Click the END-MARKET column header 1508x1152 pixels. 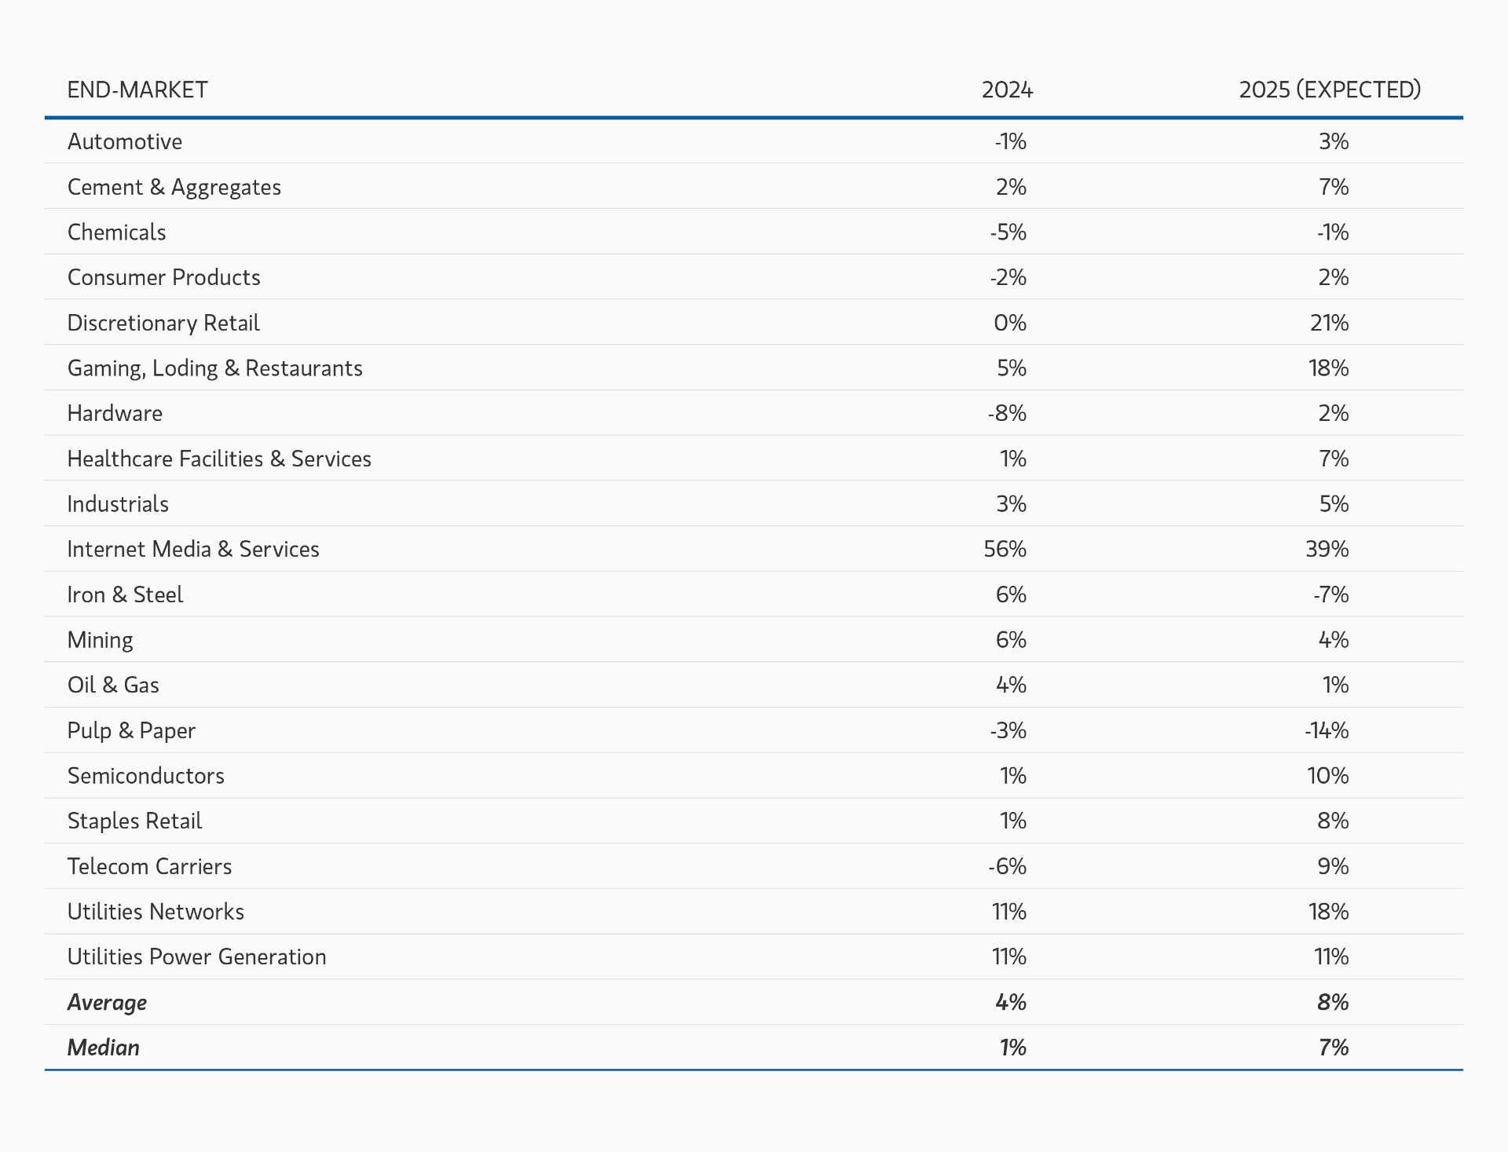pyautogui.click(x=137, y=90)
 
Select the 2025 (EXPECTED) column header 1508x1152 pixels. pyautogui.click(x=1330, y=90)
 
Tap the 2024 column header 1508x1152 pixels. pyautogui.click(x=1007, y=90)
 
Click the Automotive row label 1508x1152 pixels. pyautogui.click(x=125, y=141)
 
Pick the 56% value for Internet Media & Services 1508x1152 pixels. pyautogui.click(x=1005, y=549)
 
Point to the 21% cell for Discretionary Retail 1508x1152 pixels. pyautogui.click(x=1329, y=323)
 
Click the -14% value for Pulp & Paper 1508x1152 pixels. pyautogui.click(x=1327, y=730)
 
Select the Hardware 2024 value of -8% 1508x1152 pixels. pyautogui.click(x=1007, y=413)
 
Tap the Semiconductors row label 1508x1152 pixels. pyautogui.click(x=146, y=776)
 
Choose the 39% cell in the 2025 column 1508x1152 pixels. pyautogui.click(x=1327, y=549)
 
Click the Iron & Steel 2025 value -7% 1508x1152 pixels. pyautogui.click(x=1330, y=594)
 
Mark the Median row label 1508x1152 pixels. pyautogui.click(x=104, y=1048)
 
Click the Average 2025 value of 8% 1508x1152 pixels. pyautogui.click(x=1333, y=1002)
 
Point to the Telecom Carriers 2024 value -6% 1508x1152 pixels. pyautogui.click(x=1007, y=866)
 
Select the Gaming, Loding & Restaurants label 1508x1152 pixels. pyautogui.click(x=214, y=368)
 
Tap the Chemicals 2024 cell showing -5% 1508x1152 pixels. pyautogui.click(x=1008, y=232)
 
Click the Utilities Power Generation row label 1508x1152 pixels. pyautogui.click(x=196, y=956)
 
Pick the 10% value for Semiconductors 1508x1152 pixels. pyautogui.click(x=1327, y=776)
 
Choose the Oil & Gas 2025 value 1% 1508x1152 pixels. pyautogui.click(x=1335, y=685)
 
